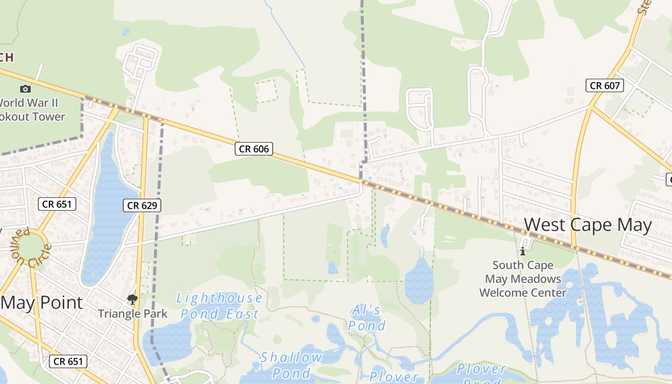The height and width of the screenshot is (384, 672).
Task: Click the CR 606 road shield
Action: [254, 149]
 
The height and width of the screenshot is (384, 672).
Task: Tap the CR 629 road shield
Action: [142, 205]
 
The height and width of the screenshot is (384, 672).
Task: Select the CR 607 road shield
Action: [605, 85]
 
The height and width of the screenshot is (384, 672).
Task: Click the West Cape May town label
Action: [588, 225]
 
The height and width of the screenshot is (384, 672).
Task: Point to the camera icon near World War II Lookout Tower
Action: [25, 89]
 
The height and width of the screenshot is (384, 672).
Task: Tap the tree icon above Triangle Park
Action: [132, 300]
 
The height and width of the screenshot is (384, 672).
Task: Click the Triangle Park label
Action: [132, 314]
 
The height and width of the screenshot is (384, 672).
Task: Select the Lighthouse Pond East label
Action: [219, 306]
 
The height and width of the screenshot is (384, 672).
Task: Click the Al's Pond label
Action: [367, 318]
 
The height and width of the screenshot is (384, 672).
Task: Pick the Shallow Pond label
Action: [291, 365]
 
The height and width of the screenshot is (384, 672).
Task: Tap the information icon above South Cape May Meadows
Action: [523, 251]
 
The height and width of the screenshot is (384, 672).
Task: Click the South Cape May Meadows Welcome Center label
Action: [523, 279]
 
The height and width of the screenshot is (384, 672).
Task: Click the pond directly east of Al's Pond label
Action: [419, 281]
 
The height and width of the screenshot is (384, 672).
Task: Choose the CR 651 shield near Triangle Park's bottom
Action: [68, 361]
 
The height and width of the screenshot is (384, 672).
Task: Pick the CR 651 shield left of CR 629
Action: [57, 204]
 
